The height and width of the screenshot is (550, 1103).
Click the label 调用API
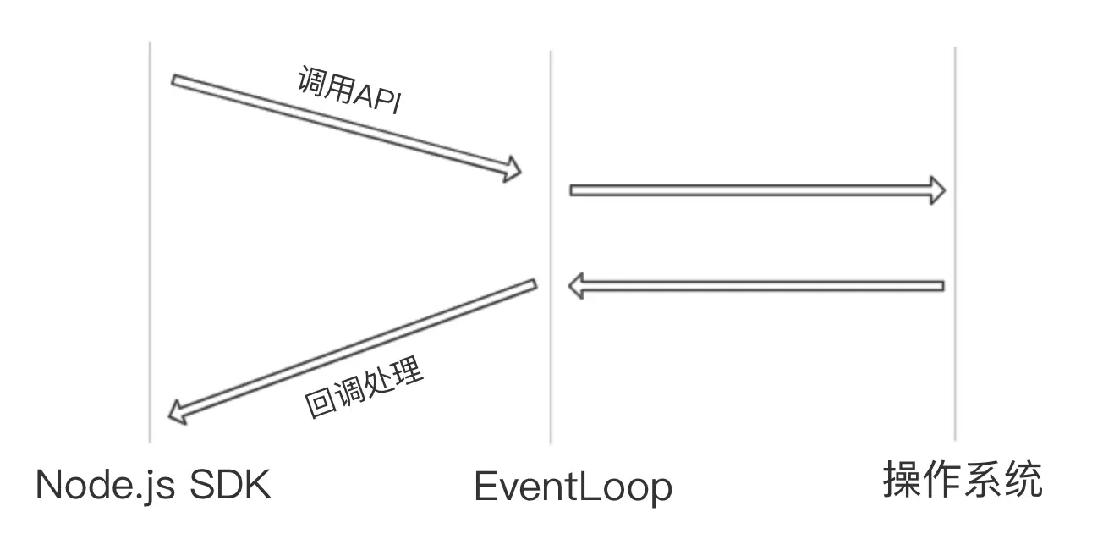349,91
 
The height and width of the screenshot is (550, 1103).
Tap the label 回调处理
363,392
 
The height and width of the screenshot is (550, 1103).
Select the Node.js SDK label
153,485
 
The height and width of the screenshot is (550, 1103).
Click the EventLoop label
573,487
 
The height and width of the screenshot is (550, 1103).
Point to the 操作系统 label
963,481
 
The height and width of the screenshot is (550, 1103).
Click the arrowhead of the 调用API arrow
511,168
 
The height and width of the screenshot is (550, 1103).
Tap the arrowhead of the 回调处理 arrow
178,413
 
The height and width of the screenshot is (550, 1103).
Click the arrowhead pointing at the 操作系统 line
936,190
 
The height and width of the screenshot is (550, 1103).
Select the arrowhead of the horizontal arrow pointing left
577,286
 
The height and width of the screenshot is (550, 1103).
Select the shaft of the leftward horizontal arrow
761,286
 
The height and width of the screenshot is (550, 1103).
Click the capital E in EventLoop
484,487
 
